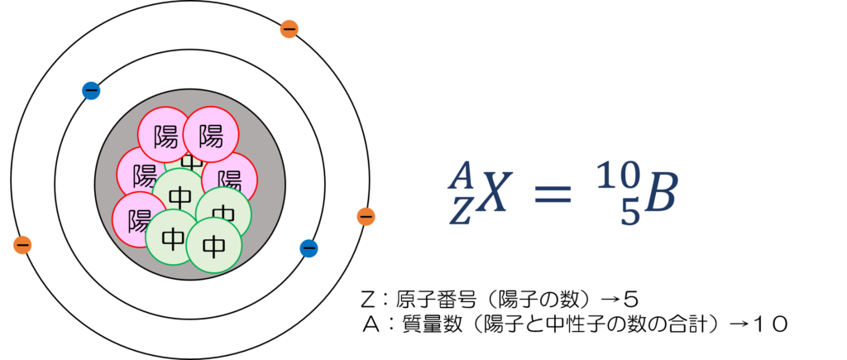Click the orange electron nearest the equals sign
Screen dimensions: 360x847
(366, 217)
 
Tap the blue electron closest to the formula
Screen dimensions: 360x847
(309, 248)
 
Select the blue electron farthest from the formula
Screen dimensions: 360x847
(91, 91)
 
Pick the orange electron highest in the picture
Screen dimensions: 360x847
(289, 29)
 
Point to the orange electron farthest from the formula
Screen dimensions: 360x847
(22, 245)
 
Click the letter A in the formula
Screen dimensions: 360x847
(461, 175)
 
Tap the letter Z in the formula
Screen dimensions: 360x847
(460, 214)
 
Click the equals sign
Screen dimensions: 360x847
(553, 195)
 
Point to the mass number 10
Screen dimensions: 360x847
(618, 175)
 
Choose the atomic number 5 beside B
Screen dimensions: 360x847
(629, 214)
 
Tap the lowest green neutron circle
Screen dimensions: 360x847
(213, 245)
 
